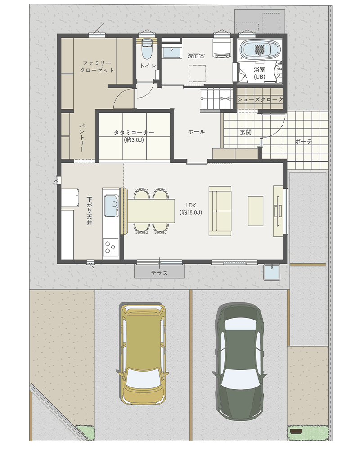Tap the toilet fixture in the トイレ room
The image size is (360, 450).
[x=147, y=49]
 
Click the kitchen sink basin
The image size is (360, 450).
[x=112, y=206]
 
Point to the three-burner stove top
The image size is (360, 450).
[x=111, y=247]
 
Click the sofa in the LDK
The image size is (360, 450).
[x=220, y=211]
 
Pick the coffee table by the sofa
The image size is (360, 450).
[x=256, y=211]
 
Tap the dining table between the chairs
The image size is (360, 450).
[x=151, y=211]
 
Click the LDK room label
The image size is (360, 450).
[x=191, y=209]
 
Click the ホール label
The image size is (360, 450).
[x=197, y=132]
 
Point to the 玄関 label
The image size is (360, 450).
[x=246, y=132]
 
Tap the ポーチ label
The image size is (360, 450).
[x=303, y=141]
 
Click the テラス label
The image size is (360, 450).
[x=159, y=273]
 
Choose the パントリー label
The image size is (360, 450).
[x=81, y=138]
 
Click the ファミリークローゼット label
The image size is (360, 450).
[x=97, y=67]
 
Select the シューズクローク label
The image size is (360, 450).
[x=260, y=99]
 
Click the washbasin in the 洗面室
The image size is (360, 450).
[x=172, y=52]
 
